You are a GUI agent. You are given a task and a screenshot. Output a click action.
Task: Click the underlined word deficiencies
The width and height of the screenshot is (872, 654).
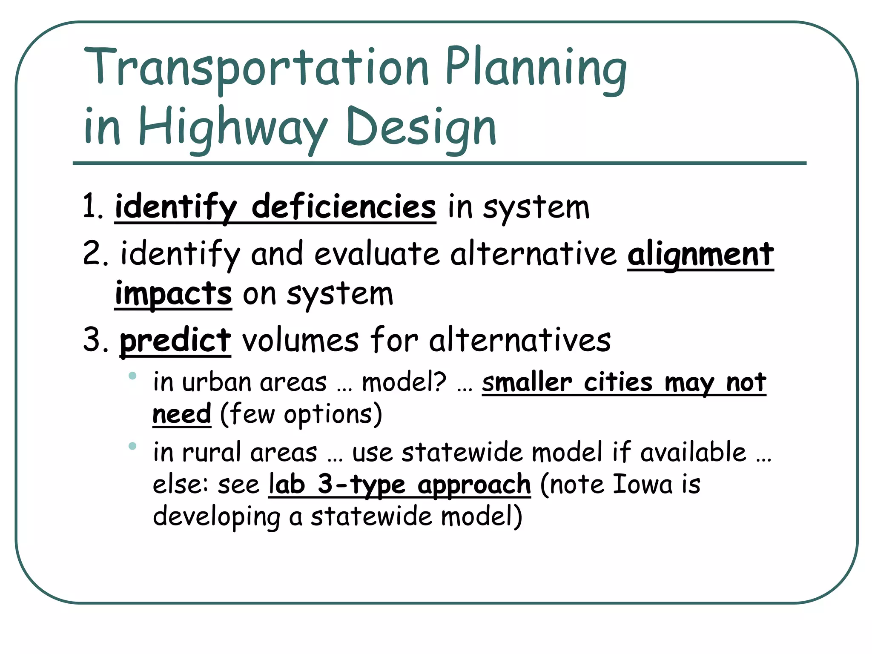coord(344,207)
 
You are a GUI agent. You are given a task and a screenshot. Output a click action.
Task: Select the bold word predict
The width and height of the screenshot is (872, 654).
coord(175,341)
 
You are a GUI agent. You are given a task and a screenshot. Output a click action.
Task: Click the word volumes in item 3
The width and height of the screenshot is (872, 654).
coord(301,341)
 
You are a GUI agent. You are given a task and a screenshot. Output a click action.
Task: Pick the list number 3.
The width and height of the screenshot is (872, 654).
coord(95,341)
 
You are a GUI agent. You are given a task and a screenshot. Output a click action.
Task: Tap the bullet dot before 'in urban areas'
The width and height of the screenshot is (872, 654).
coord(132,376)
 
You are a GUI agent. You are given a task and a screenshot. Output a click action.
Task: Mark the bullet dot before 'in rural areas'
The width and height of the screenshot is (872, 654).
coord(132,446)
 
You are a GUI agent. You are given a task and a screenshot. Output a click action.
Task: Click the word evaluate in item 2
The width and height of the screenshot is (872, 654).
coord(377,254)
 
